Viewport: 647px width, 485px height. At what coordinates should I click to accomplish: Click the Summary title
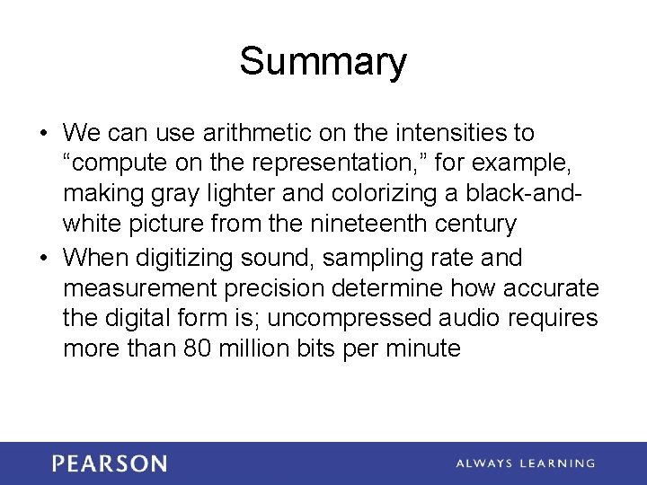(323, 62)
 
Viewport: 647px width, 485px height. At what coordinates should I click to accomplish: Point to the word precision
(270, 288)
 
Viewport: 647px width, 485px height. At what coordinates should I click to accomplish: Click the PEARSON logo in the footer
(109, 463)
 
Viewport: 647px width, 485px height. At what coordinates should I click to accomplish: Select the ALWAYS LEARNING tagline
(525, 463)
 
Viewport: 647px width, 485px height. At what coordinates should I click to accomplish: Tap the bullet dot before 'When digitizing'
(43, 259)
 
